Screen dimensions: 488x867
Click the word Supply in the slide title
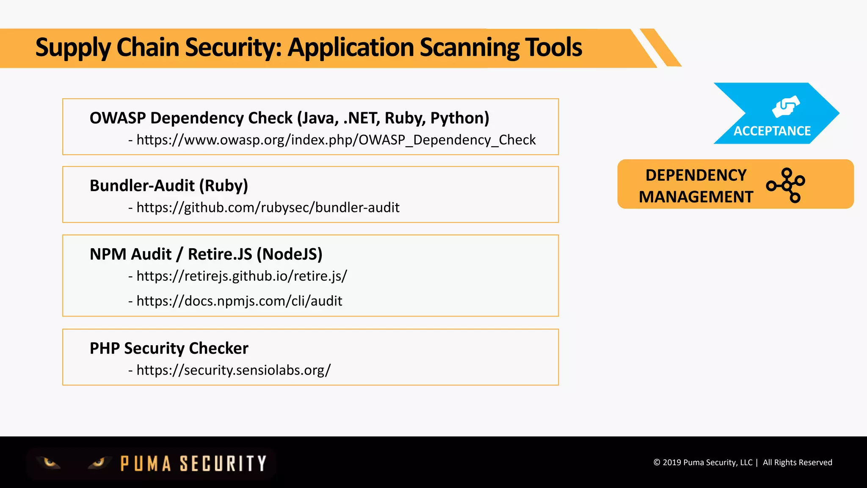(x=73, y=47)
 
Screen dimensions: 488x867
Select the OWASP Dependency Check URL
(x=336, y=140)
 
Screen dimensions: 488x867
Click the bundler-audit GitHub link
(x=268, y=208)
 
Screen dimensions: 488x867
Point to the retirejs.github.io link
(x=241, y=276)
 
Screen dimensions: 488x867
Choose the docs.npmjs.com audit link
(x=239, y=301)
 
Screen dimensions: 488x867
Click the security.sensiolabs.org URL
(x=233, y=370)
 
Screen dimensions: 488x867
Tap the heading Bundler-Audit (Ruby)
(x=169, y=186)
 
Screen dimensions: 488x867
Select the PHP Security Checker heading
(x=169, y=348)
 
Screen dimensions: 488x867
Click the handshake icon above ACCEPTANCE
(x=785, y=106)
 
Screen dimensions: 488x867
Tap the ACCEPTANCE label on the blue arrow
(x=772, y=131)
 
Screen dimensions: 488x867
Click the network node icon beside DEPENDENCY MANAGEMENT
(x=786, y=185)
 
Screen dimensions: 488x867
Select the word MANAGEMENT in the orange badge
(x=696, y=197)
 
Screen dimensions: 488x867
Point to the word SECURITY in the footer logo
(x=223, y=463)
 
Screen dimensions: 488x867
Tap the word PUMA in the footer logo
(x=146, y=463)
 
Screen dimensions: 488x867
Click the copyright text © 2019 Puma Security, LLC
(x=703, y=463)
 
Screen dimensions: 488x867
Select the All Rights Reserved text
(x=797, y=463)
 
